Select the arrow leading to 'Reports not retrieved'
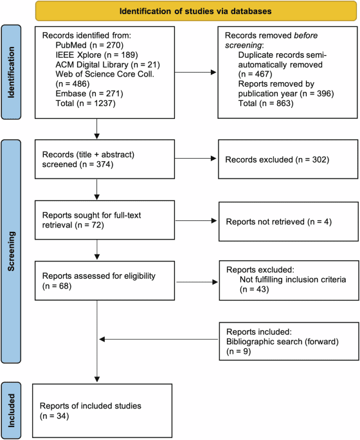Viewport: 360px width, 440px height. point(196,220)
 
